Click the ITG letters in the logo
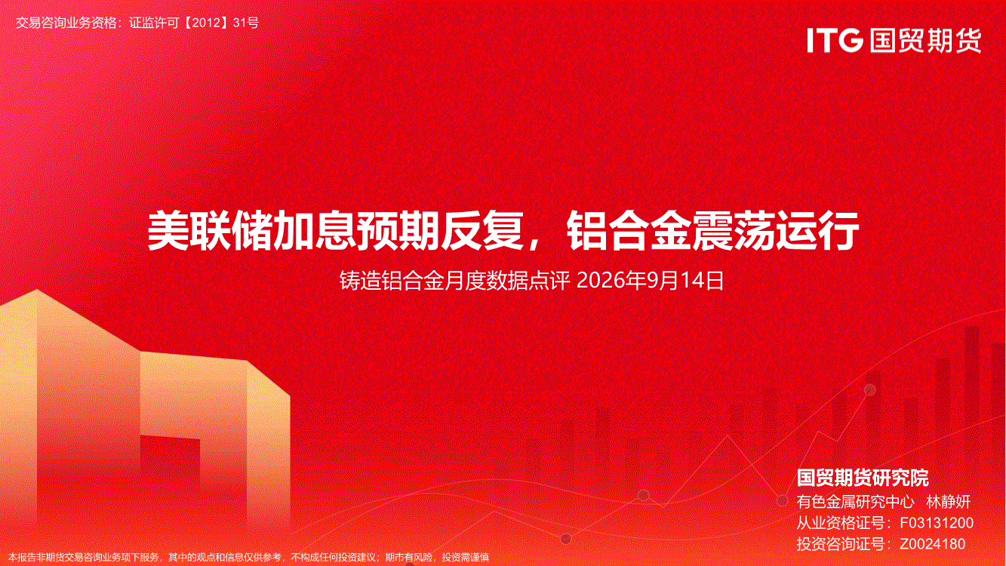tap(835, 40)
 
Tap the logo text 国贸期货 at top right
tap(925, 40)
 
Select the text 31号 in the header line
tap(246, 23)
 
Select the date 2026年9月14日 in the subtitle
tap(650, 280)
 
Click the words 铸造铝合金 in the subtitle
tap(392, 280)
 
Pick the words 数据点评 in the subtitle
tap(528, 280)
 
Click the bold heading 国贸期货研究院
tap(863, 478)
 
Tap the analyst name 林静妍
tap(948, 501)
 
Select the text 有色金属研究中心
tap(856, 501)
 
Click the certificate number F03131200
tap(937, 522)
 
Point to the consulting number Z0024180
tap(932, 543)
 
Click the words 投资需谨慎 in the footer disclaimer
tap(466, 558)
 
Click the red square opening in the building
tap(170, 467)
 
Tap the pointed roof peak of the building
tap(37, 291)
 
